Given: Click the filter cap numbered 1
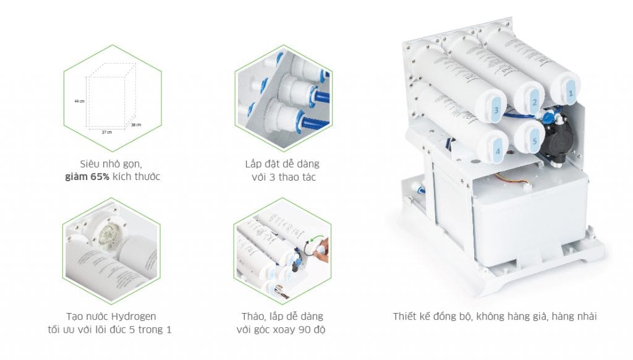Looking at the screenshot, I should click(x=570, y=93).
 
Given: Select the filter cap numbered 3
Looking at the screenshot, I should click(x=496, y=110).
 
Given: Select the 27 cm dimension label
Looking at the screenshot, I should click(x=106, y=132).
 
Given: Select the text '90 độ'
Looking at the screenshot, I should click(x=312, y=329).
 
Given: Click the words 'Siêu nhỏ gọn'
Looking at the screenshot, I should click(x=112, y=165).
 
